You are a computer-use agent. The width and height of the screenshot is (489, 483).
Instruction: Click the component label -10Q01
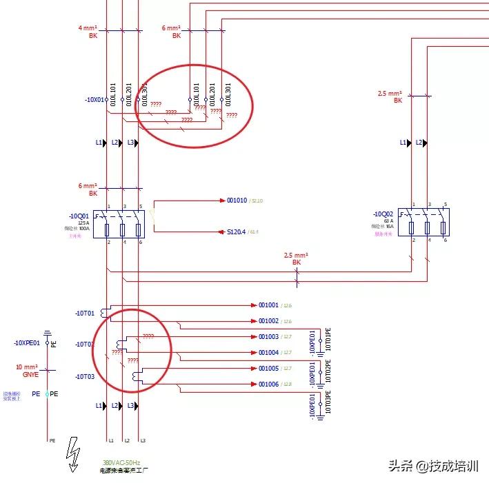point(80,214)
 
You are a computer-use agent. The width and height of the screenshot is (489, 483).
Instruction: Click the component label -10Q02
point(383,214)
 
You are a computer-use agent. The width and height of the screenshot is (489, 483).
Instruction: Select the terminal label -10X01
point(95,100)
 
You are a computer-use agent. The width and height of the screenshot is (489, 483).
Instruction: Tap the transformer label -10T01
point(85,313)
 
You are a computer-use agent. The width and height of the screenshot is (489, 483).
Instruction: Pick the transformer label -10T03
point(85,376)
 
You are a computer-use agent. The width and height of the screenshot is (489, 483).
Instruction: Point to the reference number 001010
point(237,201)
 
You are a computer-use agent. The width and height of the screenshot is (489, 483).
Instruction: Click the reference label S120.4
point(237,232)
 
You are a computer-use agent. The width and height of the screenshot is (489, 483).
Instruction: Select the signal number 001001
point(268,305)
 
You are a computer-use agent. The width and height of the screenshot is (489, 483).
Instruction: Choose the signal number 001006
point(268,384)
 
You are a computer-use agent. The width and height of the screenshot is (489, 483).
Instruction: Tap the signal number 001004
point(268,353)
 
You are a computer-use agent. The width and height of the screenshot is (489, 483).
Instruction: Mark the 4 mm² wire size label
point(88,28)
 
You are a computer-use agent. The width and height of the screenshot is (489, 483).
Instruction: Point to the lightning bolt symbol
point(72,455)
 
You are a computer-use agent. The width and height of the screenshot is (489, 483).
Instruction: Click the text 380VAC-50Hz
point(121,462)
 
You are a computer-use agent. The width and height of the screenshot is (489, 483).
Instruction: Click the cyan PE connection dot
point(48,394)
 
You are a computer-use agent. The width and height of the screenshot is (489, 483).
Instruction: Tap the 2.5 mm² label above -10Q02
point(390,93)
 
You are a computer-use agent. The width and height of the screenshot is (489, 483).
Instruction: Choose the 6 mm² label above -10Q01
point(88,186)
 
